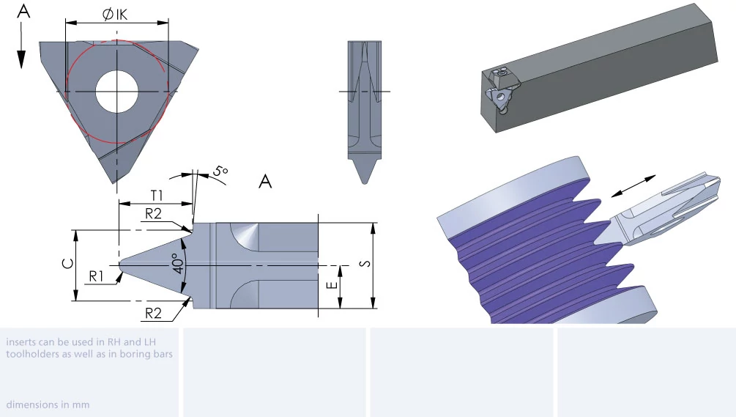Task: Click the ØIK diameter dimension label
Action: [x=115, y=15]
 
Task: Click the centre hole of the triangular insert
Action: [x=117, y=92]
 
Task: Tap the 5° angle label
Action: [x=220, y=171]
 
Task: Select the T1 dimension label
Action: [x=157, y=196]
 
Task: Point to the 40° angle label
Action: [x=177, y=264]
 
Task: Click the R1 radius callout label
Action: [x=96, y=276]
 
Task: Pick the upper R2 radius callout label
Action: [x=153, y=214]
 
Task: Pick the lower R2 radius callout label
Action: [x=153, y=313]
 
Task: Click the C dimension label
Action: [x=68, y=263]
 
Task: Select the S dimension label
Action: [x=365, y=263]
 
